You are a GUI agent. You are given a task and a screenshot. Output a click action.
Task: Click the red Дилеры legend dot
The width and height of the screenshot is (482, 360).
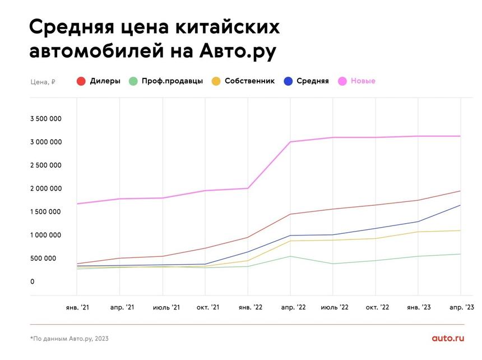[81, 81]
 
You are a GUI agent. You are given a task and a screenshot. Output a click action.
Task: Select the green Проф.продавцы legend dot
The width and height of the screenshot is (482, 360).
[133, 81]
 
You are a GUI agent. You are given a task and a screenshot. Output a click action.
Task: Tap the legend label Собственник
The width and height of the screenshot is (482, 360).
[249, 81]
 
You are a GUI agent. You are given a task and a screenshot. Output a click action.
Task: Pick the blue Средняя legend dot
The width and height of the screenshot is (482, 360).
[288, 81]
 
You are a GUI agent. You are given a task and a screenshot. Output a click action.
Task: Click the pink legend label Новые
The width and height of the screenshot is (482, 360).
[363, 81]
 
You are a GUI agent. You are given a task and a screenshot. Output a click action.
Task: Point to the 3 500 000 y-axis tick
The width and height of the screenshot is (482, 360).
[46, 119]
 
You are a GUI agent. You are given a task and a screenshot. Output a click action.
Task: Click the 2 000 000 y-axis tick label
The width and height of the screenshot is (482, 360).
[46, 188]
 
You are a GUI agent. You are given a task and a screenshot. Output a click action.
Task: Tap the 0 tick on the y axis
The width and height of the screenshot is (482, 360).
[33, 281]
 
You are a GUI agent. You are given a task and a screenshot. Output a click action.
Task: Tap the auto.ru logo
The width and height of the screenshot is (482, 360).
[448, 338]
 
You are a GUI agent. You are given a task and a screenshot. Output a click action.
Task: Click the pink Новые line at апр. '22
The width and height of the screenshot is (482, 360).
[290, 142]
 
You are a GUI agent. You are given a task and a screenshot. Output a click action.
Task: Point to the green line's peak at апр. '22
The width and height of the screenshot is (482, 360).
[290, 256]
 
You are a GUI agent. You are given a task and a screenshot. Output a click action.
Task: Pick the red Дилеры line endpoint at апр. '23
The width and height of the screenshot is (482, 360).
[461, 191]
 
